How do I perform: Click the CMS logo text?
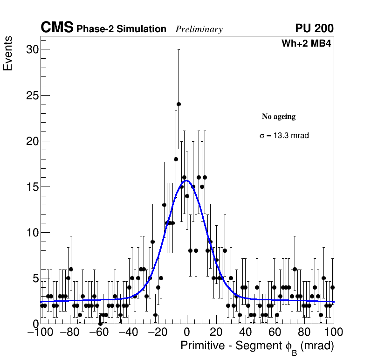tap(57, 28)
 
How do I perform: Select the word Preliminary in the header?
tap(199, 29)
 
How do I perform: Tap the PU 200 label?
tap(314, 28)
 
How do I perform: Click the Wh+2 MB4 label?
tap(306, 44)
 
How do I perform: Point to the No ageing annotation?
tap(279, 117)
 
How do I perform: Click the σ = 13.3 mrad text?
tap(284, 136)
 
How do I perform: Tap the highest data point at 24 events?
tap(179, 104)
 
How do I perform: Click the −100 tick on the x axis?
tap(40, 332)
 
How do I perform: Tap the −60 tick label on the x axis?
tap(99, 332)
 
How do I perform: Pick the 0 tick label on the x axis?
tap(187, 332)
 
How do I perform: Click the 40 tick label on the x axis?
tap(246, 332)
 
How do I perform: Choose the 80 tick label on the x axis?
tap(304, 332)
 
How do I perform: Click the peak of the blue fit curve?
tap(186, 180)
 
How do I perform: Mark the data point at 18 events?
tap(176, 159)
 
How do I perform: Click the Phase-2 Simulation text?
tap(121, 29)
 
